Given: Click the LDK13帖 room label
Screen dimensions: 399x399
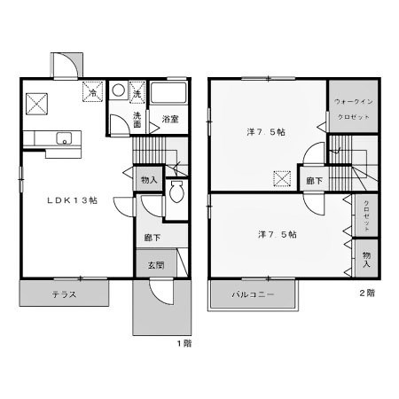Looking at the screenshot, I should point(73,200).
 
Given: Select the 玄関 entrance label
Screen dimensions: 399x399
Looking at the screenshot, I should point(156,263).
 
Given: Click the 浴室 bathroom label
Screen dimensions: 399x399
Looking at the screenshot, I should point(170,119).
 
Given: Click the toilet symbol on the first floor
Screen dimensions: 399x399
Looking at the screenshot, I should point(174,192).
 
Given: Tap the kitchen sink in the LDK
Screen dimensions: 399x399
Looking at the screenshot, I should point(62,138).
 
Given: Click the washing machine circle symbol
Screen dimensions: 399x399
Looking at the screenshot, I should point(119,91).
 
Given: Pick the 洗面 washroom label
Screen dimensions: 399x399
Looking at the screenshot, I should point(138,120).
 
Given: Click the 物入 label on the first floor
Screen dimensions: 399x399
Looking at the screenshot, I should point(149,180).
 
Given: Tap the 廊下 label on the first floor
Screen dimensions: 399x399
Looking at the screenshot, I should point(153,237).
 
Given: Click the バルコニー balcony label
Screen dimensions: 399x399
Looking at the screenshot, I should point(254,293).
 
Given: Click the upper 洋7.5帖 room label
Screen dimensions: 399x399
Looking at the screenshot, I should point(265,132).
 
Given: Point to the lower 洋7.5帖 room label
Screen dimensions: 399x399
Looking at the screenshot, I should point(277,234).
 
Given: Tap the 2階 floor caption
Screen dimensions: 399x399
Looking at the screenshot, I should point(366,292).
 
